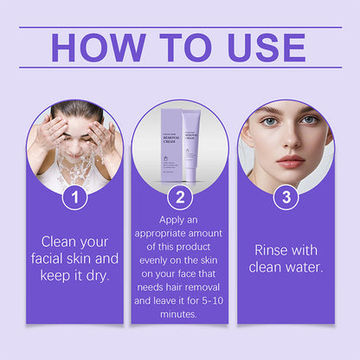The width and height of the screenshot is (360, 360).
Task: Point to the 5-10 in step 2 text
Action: pos(210,300)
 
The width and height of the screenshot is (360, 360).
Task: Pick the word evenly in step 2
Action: pos(153,252)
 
